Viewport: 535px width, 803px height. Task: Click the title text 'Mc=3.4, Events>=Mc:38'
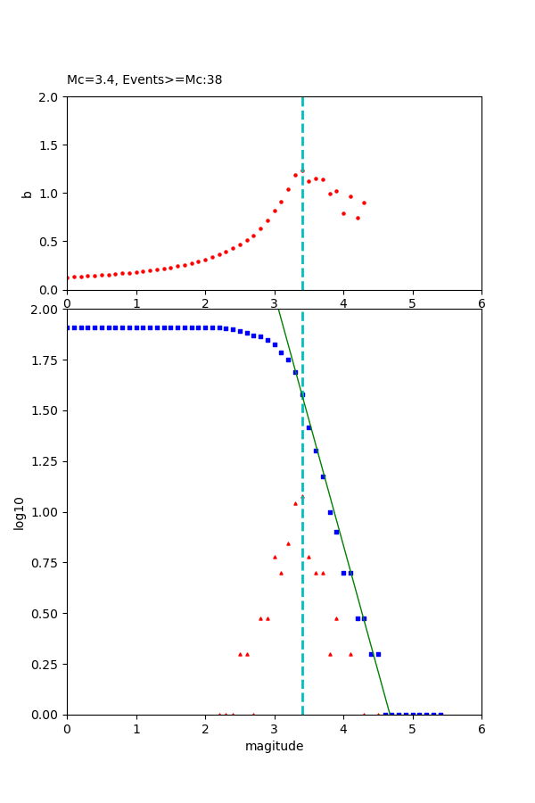tap(144, 80)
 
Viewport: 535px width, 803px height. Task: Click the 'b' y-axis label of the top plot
tap(27, 194)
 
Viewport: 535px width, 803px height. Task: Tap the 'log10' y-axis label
tap(19, 512)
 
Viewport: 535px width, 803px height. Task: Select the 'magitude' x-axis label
tap(274, 746)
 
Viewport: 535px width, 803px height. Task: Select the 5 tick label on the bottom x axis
tap(412, 729)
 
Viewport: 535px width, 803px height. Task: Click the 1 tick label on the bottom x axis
tap(136, 729)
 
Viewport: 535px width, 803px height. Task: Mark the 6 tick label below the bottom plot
tap(481, 729)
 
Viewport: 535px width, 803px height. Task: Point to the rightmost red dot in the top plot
tap(364, 203)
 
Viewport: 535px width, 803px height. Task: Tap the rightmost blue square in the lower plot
tap(440, 715)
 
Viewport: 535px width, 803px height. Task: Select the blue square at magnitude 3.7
tap(323, 476)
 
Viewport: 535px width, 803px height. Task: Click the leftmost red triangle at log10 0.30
tap(240, 654)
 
